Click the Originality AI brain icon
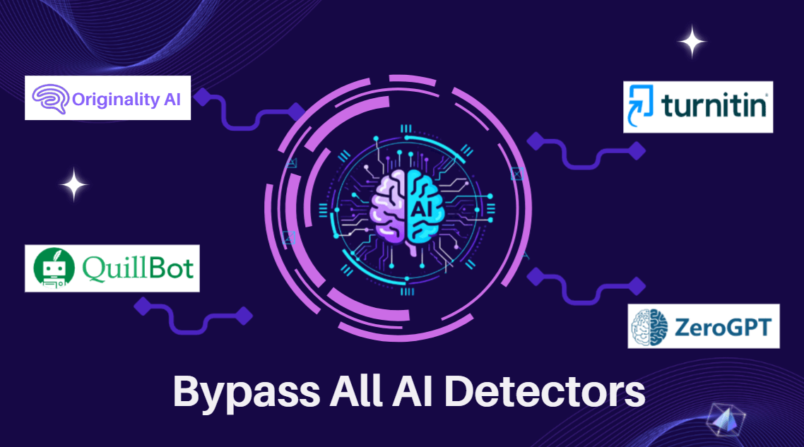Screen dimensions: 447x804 [52, 98]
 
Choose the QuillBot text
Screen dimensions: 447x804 [138, 268]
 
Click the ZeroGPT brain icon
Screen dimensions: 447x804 [649, 326]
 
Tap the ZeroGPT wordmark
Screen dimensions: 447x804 [721, 327]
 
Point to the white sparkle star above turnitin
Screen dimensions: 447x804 [692, 42]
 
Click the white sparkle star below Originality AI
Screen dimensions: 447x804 [73, 186]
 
